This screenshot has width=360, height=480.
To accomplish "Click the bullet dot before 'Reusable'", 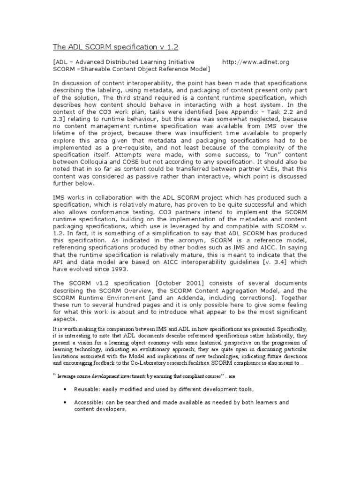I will [x=64, y=390].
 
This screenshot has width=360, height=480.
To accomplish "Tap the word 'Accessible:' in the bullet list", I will [x=89, y=402].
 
